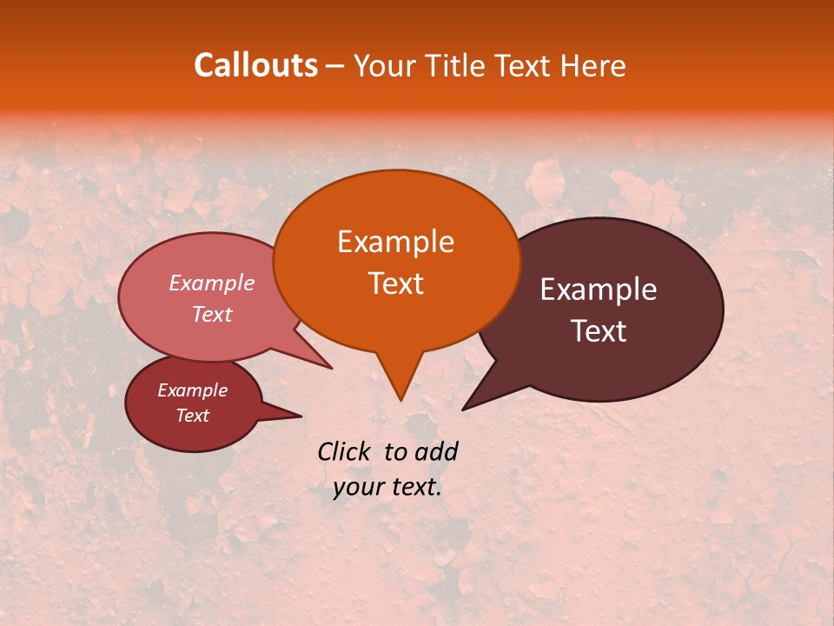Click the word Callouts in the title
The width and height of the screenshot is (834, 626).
pyautogui.click(x=255, y=65)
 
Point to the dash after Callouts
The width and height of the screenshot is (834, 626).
pyautogui.click(x=336, y=66)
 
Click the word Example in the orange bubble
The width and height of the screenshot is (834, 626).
pyautogui.click(x=395, y=242)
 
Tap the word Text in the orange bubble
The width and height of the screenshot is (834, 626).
pyautogui.click(x=395, y=283)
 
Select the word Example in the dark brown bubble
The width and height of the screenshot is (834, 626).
pyautogui.click(x=599, y=290)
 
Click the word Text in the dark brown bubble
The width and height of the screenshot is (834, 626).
pyautogui.click(x=599, y=331)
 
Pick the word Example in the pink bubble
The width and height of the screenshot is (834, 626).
pyautogui.click(x=212, y=283)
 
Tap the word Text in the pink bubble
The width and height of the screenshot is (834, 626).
pyautogui.click(x=212, y=314)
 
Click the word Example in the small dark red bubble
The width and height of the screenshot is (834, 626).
pyautogui.click(x=192, y=390)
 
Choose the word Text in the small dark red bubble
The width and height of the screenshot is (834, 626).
pyautogui.click(x=192, y=416)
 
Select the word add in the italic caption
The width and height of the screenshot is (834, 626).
pyautogui.click(x=436, y=451)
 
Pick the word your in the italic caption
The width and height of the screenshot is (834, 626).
pyautogui.click(x=357, y=487)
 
